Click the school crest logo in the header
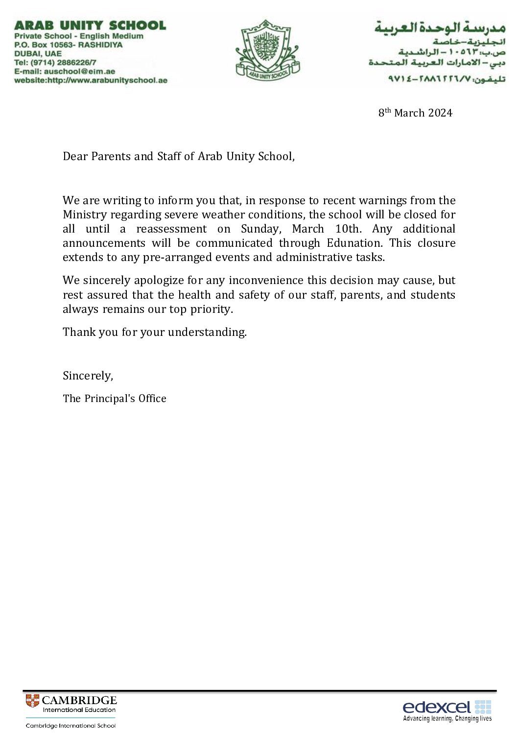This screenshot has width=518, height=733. coord(267,49)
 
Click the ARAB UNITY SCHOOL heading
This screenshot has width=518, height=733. coord(90,25)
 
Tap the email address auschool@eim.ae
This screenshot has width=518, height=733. coord(79,71)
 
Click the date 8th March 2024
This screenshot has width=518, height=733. coord(415,113)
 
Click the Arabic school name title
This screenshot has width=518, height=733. coord(440,27)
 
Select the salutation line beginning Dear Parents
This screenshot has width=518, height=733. coord(179,156)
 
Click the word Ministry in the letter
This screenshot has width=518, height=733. coord(85,214)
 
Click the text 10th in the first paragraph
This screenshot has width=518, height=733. coord(348,229)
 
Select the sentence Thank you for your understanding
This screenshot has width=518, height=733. coord(155,332)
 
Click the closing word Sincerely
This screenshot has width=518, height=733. coord(87,376)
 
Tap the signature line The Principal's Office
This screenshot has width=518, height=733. coord(115,399)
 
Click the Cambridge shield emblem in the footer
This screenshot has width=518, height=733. coord(32,701)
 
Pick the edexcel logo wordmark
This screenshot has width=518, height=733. coord(436,707)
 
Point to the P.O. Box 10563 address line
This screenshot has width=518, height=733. coord(69,45)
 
